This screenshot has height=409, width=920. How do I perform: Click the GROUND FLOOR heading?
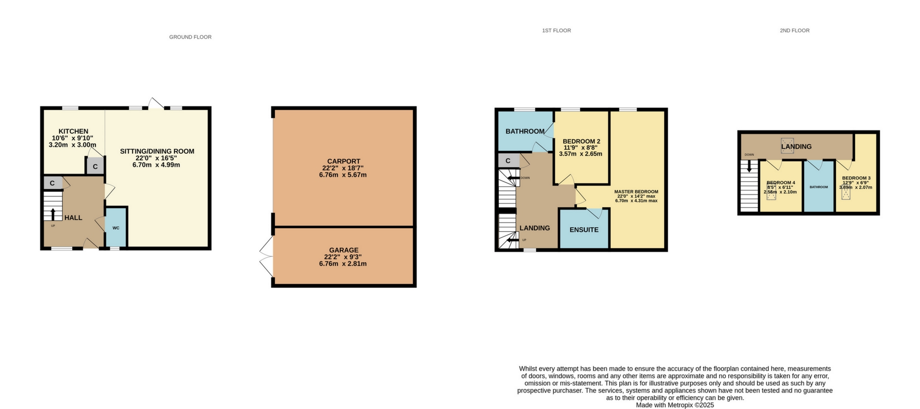[190, 37]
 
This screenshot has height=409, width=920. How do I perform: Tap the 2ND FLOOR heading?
[795, 30]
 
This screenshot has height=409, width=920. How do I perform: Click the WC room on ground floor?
[116, 228]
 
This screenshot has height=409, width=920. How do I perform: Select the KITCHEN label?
[73, 131]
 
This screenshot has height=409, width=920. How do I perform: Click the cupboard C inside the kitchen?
[95, 166]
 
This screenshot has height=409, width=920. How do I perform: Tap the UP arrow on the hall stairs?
[53, 214]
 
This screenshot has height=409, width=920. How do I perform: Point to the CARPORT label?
[343, 161]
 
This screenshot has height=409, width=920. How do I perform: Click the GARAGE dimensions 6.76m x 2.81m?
[343, 264]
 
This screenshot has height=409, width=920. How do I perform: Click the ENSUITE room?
[584, 229]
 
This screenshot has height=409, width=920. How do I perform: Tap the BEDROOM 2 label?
[582, 141]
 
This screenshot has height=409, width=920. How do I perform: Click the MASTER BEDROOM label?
[636, 192]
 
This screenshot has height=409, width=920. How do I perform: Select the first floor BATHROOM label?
[525, 131]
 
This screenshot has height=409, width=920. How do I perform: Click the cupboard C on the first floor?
[508, 160]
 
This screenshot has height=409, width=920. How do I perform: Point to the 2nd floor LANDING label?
[796, 146]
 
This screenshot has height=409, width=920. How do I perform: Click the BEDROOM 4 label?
[781, 183]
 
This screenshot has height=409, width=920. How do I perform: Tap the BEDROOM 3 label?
[856, 178]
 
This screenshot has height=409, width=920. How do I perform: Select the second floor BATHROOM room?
[819, 187]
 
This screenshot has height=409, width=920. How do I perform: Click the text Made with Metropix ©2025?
[675, 405]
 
